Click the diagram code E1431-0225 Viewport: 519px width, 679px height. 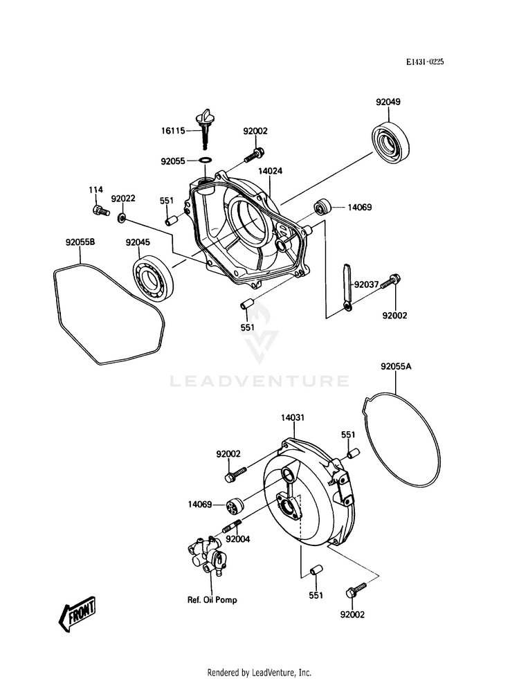pos(424,62)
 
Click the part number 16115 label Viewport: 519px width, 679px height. pos(173,130)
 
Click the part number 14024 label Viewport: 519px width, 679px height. pos(271,170)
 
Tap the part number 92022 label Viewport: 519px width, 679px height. pos(123,198)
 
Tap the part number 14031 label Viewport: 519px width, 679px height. pos(293,418)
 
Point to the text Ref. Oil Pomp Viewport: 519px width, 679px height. pos(212,600)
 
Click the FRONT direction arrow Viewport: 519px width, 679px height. pos(78,613)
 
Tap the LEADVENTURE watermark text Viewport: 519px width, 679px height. pos(260,381)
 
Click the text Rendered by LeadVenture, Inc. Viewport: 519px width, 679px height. pos(259,672)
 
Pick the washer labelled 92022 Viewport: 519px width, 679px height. pos(122,219)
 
